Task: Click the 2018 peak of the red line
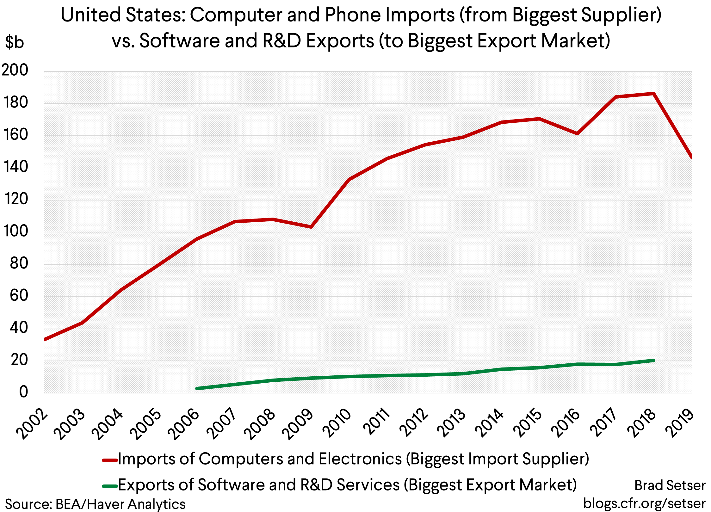coord(653,94)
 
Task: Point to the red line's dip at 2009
coord(311,227)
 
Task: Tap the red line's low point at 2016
coord(578,133)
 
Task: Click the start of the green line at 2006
coord(197,388)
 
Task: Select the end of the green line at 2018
coord(653,361)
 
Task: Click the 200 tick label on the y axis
coord(15,70)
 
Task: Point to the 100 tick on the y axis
coord(15,231)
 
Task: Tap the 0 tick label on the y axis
coord(23,392)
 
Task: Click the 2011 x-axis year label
coord(376,422)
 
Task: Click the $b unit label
coord(15,42)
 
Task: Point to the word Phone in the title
coord(353,15)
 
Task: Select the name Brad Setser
coord(670,485)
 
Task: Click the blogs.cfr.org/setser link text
coord(644,503)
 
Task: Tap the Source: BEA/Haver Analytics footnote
coord(95,504)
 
